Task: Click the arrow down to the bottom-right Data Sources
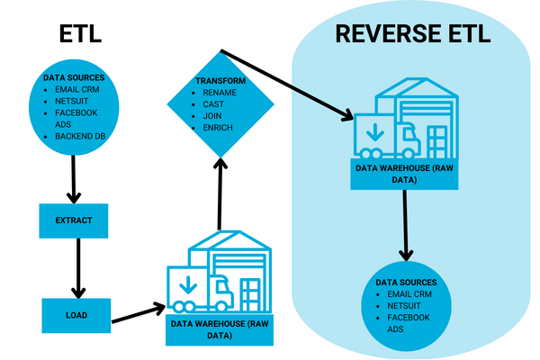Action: click(407, 224)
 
